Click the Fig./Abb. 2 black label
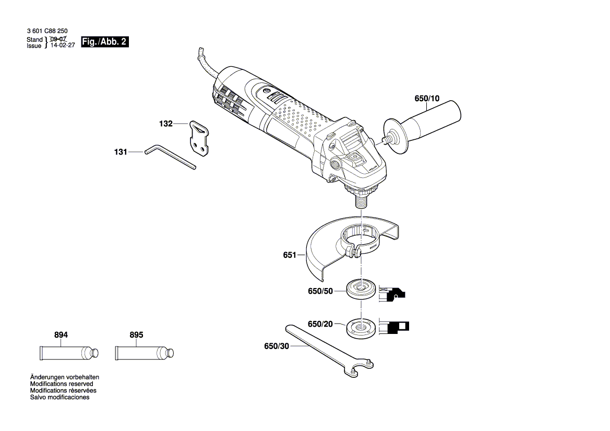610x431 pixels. tap(104, 42)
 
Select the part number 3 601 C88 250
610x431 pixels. tap(47, 31)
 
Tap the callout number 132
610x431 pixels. tap(165, 124)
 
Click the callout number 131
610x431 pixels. tap(121, 152)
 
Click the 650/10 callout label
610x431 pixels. tap(427, 98)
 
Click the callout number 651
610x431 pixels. tap(289, 255)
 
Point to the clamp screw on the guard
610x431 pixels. tap(355, 254)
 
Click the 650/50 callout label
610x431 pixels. tap(320, 291)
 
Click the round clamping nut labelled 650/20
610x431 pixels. tap(361, 327)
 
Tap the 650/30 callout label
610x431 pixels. tap(276, 346)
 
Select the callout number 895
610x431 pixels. tap(136, 335)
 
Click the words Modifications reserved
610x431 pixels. tap(62, 384)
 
